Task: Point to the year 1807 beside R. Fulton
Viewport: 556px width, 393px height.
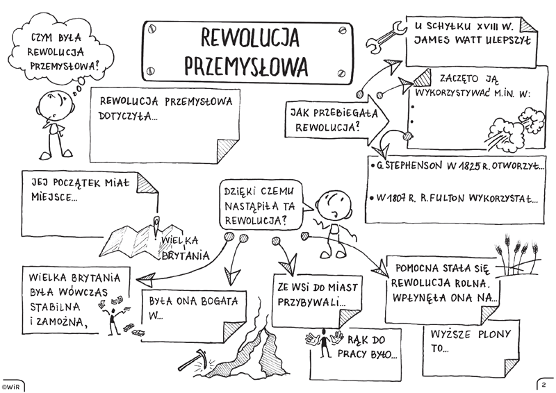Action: (x=394, y=198)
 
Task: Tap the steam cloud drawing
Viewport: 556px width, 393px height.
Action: (x=515, y=129)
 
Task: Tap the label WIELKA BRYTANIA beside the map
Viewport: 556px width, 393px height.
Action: (x=185, y=248)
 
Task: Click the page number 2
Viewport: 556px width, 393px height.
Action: (x=544, y=385)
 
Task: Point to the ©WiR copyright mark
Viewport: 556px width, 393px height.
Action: (x=10, y=386)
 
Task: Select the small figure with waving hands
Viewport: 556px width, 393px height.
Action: (x=324, y=342)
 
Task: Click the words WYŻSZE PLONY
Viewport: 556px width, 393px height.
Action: (x=471, y=334)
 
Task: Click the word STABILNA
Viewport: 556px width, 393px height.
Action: (x=55, y=307)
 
